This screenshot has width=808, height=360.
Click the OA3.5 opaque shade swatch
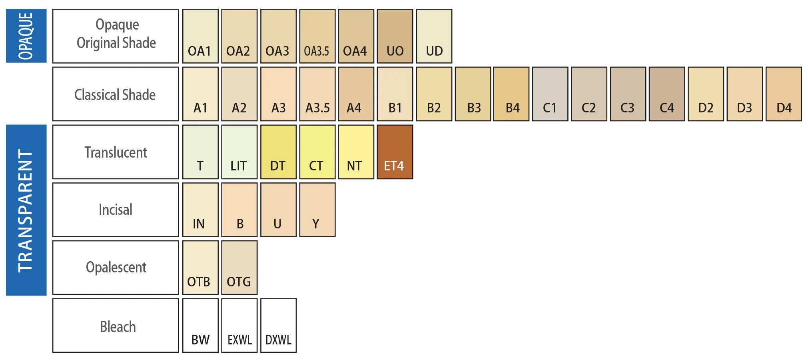[x=317, y=36]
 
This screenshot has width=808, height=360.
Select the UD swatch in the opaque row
[x=434, y=36]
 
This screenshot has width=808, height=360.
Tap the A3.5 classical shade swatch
[x=317, y=94]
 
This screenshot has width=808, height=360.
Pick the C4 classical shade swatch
[x=666, y=94]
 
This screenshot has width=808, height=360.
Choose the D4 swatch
[x=784, y=94]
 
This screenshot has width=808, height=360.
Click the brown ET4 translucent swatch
[x=395, y=152]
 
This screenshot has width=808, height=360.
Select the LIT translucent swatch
[x=239, y=152]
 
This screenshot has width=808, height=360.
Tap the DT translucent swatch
[x=278, y=152]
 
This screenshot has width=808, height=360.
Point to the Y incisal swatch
[x=317, y=210]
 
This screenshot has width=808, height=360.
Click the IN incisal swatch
[x=200, y=210]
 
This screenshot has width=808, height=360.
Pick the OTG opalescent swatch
[x=239, y=268]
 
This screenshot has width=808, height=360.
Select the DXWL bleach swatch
[x=278, y=325]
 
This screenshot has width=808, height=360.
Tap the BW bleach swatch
[x=200, y=325]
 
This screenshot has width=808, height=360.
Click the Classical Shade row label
[x=116, y=94]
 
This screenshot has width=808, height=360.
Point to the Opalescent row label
[x=116, y=268]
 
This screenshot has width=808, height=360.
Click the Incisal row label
[x=116, y=210]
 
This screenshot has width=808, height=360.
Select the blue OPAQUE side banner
[x=26, y=36]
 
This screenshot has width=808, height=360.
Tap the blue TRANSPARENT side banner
[x=26, y=210]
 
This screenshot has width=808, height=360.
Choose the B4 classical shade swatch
[x=511, y=94]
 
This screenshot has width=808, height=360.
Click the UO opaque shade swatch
[x=395, y=36]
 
